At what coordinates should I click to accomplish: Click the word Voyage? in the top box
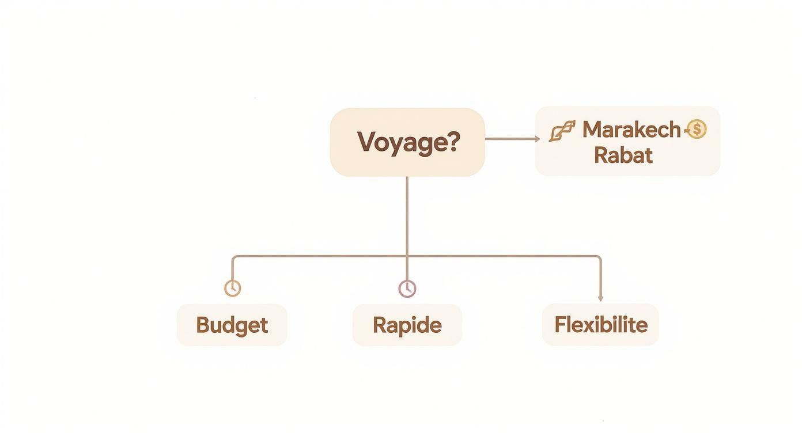pyautogui.click(x=408, y=142)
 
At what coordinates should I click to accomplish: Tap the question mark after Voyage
pyautogui.click(x=453, y=141)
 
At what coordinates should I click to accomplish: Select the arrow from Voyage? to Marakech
pyautogui.click(x=510, y=139)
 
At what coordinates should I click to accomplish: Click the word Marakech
pyautogui.click(x=631, y=130)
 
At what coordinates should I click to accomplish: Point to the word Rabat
pyautogui.click(x=623, y=155)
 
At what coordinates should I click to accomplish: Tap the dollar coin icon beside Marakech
pyautogui.click(x=697, y=130)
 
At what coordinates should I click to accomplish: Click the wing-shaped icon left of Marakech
pyautogui.click(x=562, y=131)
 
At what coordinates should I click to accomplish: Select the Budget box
pyautogui.click(x=232, y=325)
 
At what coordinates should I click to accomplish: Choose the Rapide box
pyautogui.click(x=407, y=325)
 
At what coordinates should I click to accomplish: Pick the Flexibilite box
pyautogui.click(x=600, y=325)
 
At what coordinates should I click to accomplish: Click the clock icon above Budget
pyautogui.click(x=232, y=288)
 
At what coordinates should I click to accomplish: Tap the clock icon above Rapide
pyautogui.click(x=407, y=288)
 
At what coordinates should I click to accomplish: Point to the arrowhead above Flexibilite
pyautogui.click(x=600, y=298)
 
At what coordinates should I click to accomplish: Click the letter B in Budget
pyautogui.click(x=202, y=325)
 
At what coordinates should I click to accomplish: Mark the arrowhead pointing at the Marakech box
pyautogui.click(x=537, y=139)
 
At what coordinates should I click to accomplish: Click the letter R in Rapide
pyautogui.click(x=380, y=325)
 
